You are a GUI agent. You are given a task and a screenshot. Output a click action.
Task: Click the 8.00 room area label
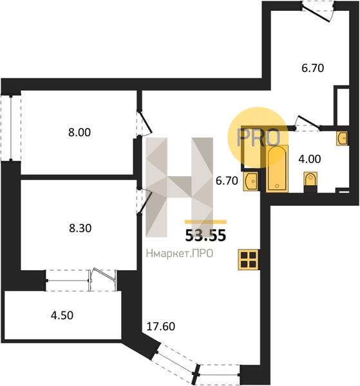(x=79, y=133)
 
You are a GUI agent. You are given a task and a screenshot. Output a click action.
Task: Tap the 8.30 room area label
(x=80, y=228)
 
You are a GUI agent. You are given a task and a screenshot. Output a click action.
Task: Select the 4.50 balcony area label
(x=62, y=315)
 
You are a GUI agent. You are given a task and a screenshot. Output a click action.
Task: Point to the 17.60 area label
(x=160, y=326)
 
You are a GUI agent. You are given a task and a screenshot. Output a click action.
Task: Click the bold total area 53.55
(x=205, y=235)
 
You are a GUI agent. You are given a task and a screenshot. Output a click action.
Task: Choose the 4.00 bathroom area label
(x=310, y=159)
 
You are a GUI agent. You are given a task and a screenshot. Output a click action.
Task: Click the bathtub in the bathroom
(x=277, y=168)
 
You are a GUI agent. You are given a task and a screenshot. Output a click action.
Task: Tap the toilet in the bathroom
(x=310, y=180)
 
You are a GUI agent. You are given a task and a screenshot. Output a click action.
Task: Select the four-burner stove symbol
(x=249, y=259)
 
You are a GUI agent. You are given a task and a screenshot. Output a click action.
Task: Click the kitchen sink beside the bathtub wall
(x=251, y=181)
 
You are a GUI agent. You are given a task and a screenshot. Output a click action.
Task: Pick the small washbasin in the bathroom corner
(x=343, y=138)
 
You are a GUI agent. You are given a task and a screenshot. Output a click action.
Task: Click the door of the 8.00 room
(x=145, y=124)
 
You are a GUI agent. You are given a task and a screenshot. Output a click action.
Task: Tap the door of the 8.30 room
(x=144, y=201)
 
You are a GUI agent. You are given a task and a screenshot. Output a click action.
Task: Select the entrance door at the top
(x=318, y=12)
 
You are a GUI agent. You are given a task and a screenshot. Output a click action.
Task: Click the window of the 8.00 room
(x=11, y=128)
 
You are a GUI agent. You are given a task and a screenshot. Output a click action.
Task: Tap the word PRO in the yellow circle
(x=258, y=138)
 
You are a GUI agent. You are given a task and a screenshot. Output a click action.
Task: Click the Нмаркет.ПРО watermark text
(x=180, y=253)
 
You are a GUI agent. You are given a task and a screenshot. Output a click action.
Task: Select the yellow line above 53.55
(x=205, y=222)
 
